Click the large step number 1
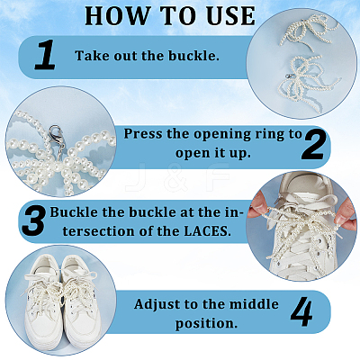45,55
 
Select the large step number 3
33,221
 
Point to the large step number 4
301,311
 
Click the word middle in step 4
254,304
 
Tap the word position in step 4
204,324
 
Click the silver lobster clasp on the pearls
55,132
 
